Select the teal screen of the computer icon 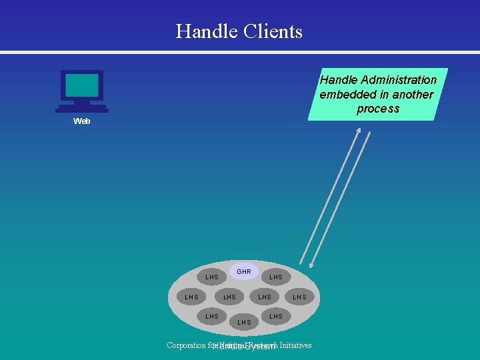(x=82, y=86)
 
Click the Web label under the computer (x=82, y=121)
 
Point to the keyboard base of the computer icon (x=82, y=109)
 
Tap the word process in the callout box (x=377, y=109)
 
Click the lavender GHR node (x=244, y=271)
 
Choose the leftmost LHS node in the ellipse (x=192, y=297)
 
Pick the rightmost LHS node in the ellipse (x=300, y=297)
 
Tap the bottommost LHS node (x=245, y=322)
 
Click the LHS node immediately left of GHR (x=212, y=277)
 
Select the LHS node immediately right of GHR (x=276, y=277)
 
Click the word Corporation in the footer (x=187, y=345)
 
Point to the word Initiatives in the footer (x=295, y=345)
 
